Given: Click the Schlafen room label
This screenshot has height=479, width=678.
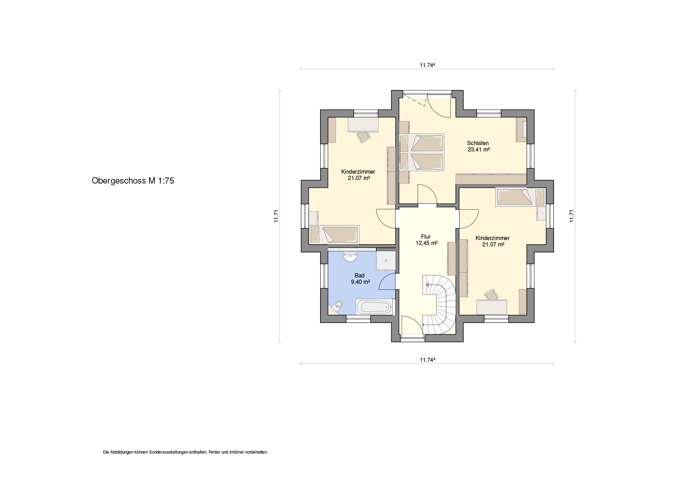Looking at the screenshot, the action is click(x=478, y=143).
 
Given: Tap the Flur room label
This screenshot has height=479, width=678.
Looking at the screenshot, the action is click(x=426, y=237).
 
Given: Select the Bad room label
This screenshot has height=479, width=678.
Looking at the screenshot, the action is click(x=360, y=275).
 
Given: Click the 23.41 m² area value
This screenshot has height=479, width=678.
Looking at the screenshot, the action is click(x=479, y=149).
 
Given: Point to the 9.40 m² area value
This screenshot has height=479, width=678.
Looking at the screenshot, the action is click(x=360, y=282).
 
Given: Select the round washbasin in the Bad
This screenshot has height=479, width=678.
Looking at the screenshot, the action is click(x=103, y=256).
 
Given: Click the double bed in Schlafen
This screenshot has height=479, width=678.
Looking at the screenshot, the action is click(x=421, y=152).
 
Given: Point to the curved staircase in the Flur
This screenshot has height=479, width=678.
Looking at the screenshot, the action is click(x=439, y=305).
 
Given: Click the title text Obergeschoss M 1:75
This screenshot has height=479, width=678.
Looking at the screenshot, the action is click(x=133, y=181).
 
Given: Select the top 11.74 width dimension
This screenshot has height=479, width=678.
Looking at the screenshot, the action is click(x=427, y=65).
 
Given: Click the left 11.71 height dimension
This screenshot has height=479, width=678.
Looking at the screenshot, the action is click(x=277, y=216).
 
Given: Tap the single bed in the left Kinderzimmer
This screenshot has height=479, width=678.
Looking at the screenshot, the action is click(x=334, y=234).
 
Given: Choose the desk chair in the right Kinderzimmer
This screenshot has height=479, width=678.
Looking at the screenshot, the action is click(x=491, y=294).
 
